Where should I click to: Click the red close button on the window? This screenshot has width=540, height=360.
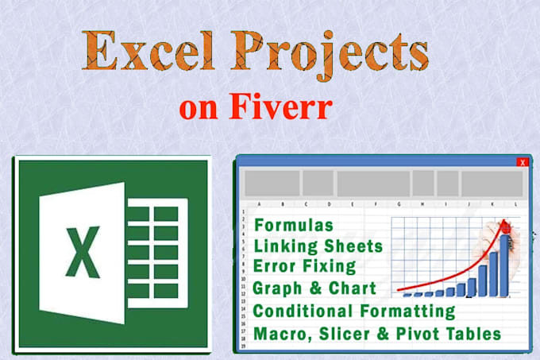[522, 163]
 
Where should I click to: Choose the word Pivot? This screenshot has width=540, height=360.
[418, 333]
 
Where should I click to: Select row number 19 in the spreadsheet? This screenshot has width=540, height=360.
[241, 346]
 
